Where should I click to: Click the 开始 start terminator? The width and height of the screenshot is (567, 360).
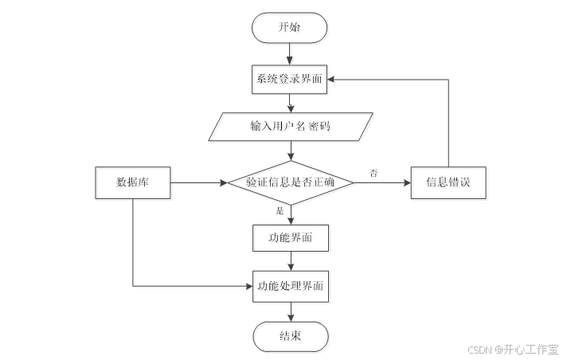(290, 28)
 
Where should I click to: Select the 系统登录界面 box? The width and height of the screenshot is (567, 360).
(290, 79)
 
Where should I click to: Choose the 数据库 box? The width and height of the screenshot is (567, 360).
(132, 182)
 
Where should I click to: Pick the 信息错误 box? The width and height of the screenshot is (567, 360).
(448, 182)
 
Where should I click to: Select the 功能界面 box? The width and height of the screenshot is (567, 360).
(290, 237)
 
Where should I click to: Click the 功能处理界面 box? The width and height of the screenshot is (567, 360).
(290, 284)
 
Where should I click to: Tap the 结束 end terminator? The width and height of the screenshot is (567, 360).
(290, 335)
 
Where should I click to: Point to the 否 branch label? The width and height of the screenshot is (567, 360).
(373, 173)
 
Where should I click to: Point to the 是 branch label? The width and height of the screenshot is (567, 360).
(280, 211)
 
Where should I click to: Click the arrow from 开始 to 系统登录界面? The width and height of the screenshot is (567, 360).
(290, 53)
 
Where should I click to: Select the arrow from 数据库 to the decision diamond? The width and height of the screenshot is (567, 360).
(199, 182)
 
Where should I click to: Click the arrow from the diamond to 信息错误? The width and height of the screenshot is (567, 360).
(382, 182)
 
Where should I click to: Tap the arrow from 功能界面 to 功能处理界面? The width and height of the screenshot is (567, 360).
(290, 260)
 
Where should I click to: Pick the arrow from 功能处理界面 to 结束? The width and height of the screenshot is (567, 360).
(290, 310)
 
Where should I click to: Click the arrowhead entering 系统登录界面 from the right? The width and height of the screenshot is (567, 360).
(334, 79)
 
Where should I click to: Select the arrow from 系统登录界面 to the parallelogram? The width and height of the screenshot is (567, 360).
(290, 102)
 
